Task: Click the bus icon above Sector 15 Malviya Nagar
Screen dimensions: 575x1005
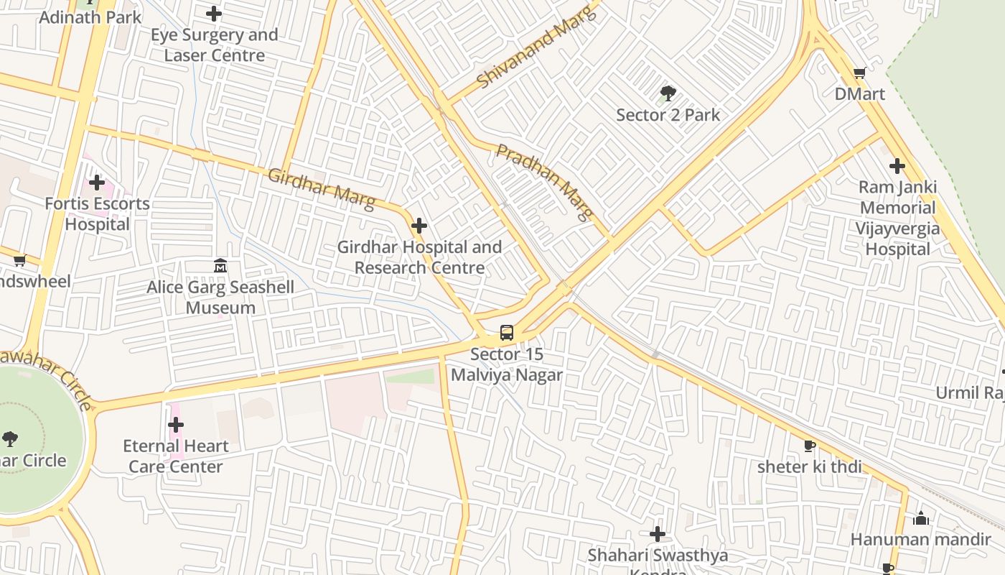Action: point(507,333)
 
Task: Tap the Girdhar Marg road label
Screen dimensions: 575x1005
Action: point(321,189)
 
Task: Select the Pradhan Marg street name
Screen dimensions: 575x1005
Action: point(546,182)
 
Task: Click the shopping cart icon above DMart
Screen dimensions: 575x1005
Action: point(859,73)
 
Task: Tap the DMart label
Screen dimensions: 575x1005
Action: point(859,94)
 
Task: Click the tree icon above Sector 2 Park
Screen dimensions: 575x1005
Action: point(668,93)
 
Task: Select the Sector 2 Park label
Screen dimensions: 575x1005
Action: point(668,115)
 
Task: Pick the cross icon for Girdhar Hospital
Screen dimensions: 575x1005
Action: point(419,226)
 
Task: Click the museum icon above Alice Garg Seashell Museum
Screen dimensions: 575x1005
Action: point(220,267)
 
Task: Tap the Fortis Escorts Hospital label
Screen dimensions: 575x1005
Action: point(97,214)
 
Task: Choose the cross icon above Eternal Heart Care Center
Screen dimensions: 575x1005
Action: point(176,425)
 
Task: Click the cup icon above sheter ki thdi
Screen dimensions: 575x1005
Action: point(810,446)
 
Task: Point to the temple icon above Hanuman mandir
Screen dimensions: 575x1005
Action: point(921,518)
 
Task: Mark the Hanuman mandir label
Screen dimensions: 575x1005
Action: point(921,539)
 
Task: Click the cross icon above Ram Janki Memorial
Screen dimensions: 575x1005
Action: point(897,167)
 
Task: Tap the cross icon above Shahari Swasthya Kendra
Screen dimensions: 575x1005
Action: point(657,534)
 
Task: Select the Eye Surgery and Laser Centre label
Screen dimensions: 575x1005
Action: point(214,45)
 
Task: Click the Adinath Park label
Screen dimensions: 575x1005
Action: point(90,17)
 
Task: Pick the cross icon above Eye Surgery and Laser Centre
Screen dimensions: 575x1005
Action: point(214,14)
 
